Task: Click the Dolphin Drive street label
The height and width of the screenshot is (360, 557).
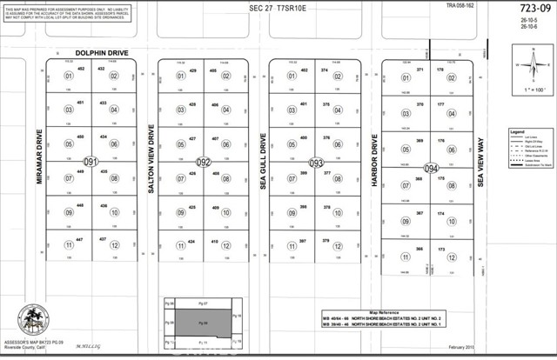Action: tap(78, 51)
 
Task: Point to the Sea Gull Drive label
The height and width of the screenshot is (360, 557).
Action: tap(263, 162)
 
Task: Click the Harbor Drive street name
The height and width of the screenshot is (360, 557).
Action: tap(374, 162)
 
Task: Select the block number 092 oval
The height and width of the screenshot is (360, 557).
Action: tap(203, 162)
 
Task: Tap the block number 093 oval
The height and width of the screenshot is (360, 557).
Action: tap(316, 162)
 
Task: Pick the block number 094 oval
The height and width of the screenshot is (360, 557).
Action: tap(429, 167)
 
